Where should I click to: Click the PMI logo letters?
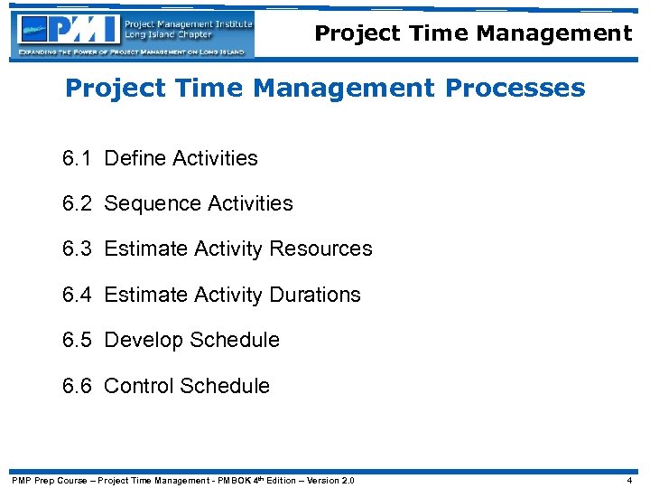click(x=87, y=30)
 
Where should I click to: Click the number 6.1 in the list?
click(x=77, y=158)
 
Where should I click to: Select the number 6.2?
click(x=77, y=203)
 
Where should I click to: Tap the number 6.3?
click(x=77, y=249)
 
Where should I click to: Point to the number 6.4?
click(x=77, y=295)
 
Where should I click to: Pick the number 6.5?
click(x=77, y=340)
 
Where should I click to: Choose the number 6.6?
click(x=77, y=386)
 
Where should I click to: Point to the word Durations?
click(x=315, y=295)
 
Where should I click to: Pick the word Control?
click(x=139, y=386)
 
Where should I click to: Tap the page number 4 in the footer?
click(x=629, y=480)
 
